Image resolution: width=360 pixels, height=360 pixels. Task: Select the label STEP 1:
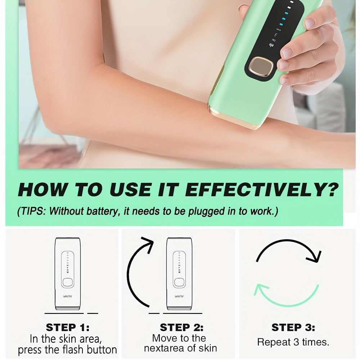coord(68,328)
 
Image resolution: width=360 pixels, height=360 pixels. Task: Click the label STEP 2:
coord(181,328)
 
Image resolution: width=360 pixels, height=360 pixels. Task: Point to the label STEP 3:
coord(293,328)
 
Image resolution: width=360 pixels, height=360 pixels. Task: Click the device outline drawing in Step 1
coord(68,274)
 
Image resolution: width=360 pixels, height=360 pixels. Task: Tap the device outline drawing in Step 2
coord(179,274)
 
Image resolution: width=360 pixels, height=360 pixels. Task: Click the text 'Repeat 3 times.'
coord(293,342)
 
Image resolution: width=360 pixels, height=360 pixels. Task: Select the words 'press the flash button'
coord(68,350)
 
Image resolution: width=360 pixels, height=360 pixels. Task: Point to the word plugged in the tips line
coord(201,211)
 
